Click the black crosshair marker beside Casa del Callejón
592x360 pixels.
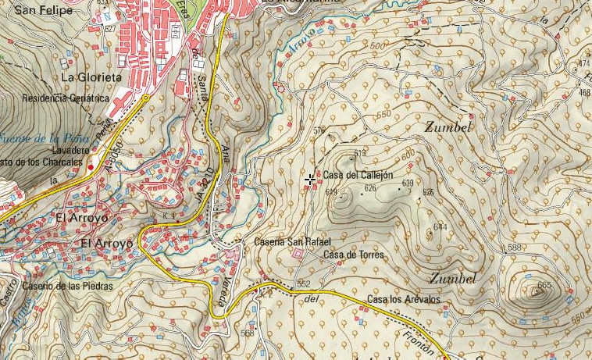point(311,180)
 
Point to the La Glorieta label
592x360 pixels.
point(91,78)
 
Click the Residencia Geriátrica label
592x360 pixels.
point(65,99)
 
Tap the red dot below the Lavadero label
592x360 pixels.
point(91,167)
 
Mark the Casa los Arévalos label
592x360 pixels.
point(403,300)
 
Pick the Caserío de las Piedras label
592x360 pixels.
point(67,286)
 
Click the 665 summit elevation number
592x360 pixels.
point(544,285)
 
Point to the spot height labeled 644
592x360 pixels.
point(440,226)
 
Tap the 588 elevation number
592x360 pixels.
point(514,248)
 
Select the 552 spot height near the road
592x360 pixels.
point(304,283)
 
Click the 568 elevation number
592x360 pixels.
point(247,333)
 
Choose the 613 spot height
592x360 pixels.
point(360,152)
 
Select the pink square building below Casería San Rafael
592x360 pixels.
point(297,255)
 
